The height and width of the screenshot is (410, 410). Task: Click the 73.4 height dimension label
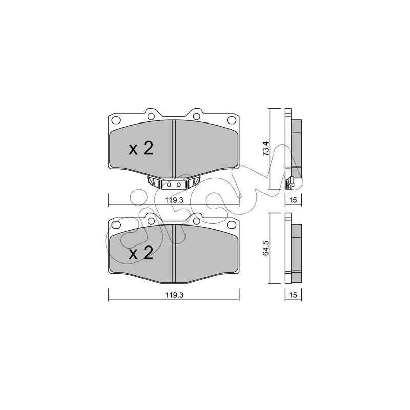pyautogui.click(x=265, y=149)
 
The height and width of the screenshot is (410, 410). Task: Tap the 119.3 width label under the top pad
pyautogui.click(x=174, y=200)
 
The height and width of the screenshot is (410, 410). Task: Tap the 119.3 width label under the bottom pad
pyautogui.click(x=174, y=295)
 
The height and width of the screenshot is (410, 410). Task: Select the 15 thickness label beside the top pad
pyautogui.click(x=293, y=200)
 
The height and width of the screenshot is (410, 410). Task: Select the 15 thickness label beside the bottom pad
pyautogui.click(x=293, y=295)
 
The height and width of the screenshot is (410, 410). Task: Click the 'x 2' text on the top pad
pyautogui.click(x=141, y=149)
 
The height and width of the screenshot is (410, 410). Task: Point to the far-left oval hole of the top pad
pyautogui.click(x=116, y=120)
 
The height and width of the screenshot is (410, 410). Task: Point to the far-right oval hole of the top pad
pyautogui.click(x=232, y=120)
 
